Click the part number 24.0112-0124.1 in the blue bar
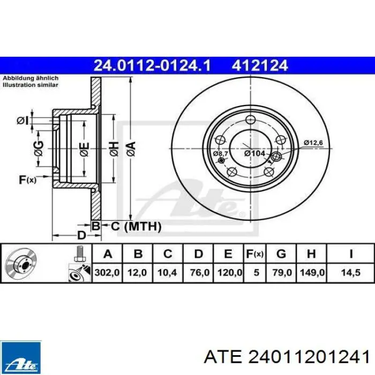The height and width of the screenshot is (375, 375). (x=152, y=65)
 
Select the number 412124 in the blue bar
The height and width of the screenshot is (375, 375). (x=260, y=65)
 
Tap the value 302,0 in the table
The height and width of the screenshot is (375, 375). (x=107, y=272)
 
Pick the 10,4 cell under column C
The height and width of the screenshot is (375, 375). (x=167, y=272)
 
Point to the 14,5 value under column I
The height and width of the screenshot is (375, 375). (x=350, y=272)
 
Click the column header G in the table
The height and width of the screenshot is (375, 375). (x=281, y=254)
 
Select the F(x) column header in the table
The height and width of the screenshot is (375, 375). (x=255, y=254)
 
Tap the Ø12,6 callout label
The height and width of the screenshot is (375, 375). (x=313, y=143)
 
